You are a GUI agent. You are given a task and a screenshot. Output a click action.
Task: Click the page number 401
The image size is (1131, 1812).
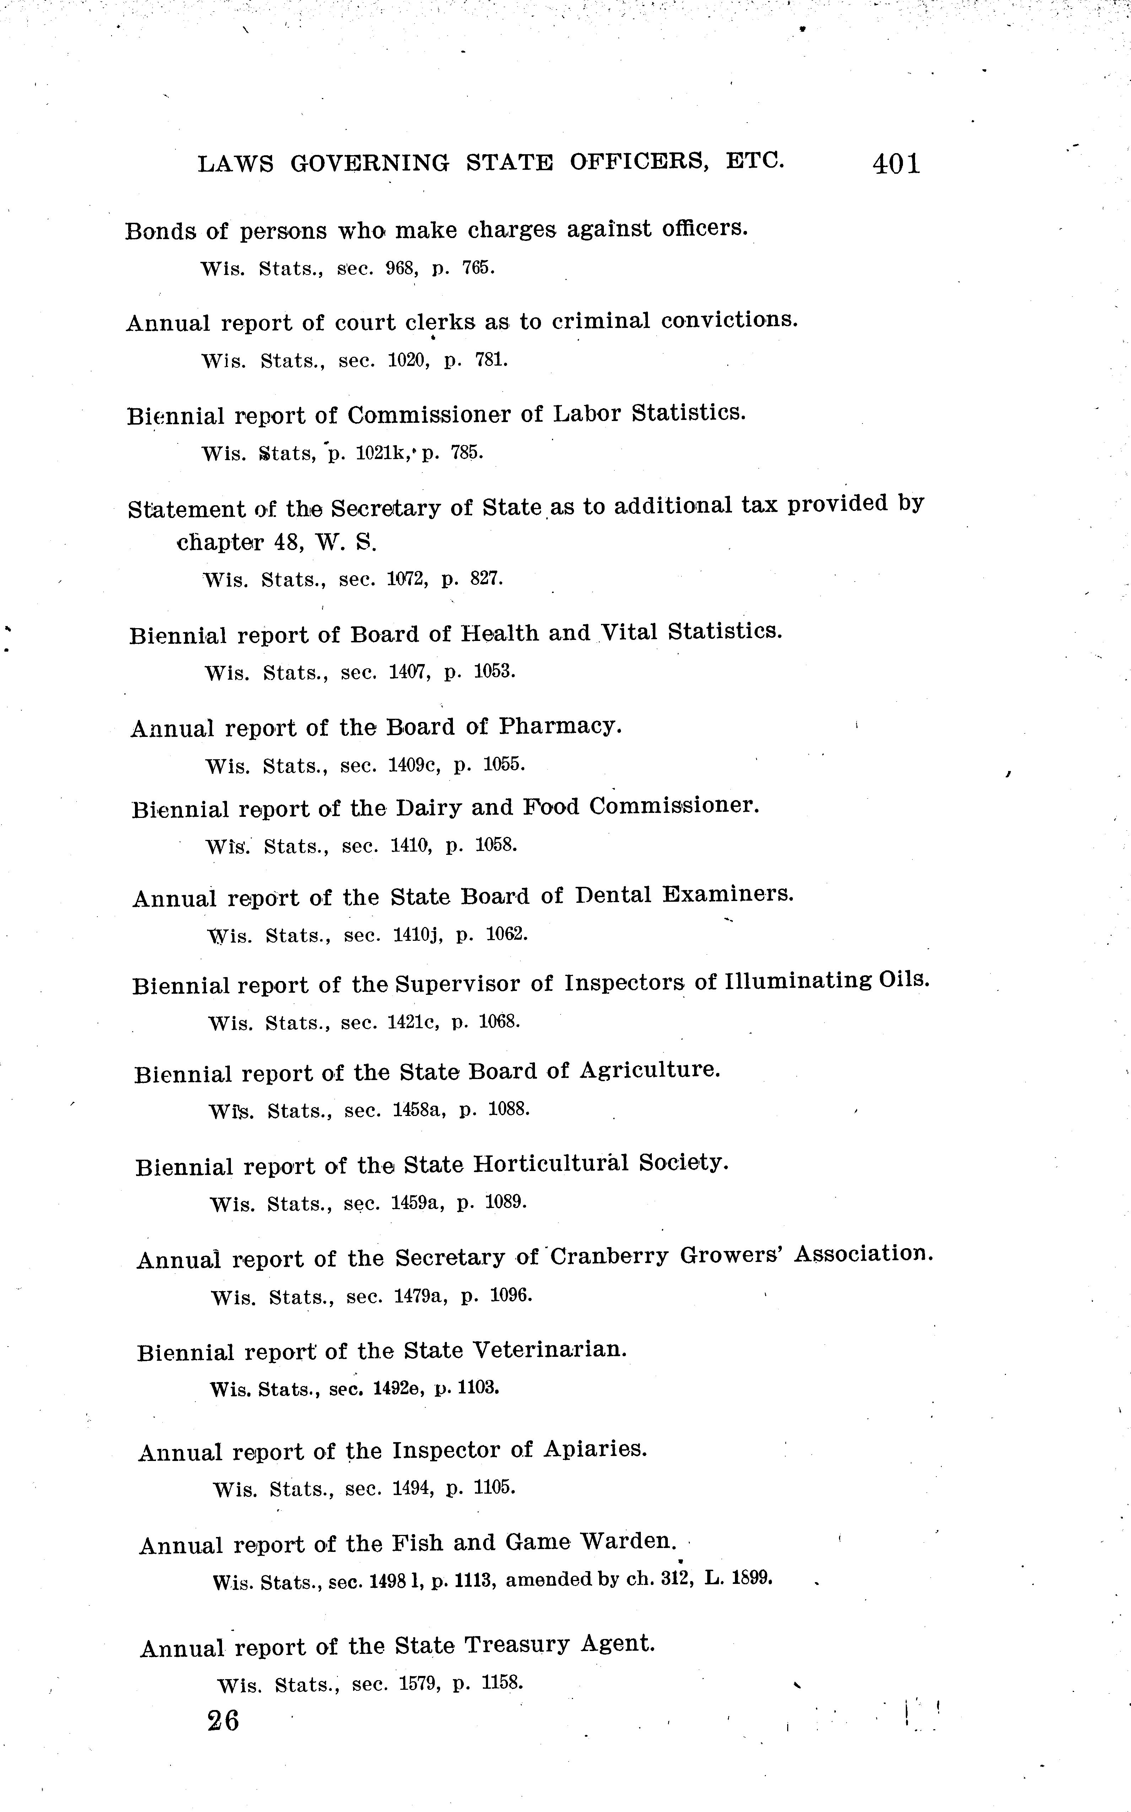tap(896, 164)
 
